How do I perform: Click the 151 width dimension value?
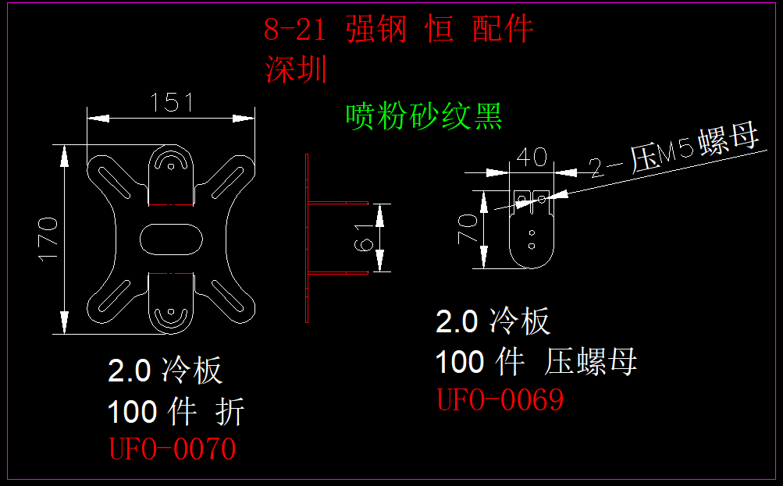click(171, 102)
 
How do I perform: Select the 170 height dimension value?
click(48, 238)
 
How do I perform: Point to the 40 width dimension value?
click(531, 157)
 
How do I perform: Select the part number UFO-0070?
click(172, 449)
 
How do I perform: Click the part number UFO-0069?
click(500, 400)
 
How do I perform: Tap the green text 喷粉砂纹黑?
click(424, 117)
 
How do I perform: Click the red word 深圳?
click(296, 69)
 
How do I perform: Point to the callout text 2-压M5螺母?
click(674, 152)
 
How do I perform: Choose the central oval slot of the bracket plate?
click(171, 238)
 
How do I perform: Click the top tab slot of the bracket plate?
click(171, 163)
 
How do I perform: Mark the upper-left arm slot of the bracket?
click(115, 182)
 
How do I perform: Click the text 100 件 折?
click(176, 411)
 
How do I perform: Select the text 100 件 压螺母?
click(536, 362)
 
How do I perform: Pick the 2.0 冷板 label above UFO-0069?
click(493, 321)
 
